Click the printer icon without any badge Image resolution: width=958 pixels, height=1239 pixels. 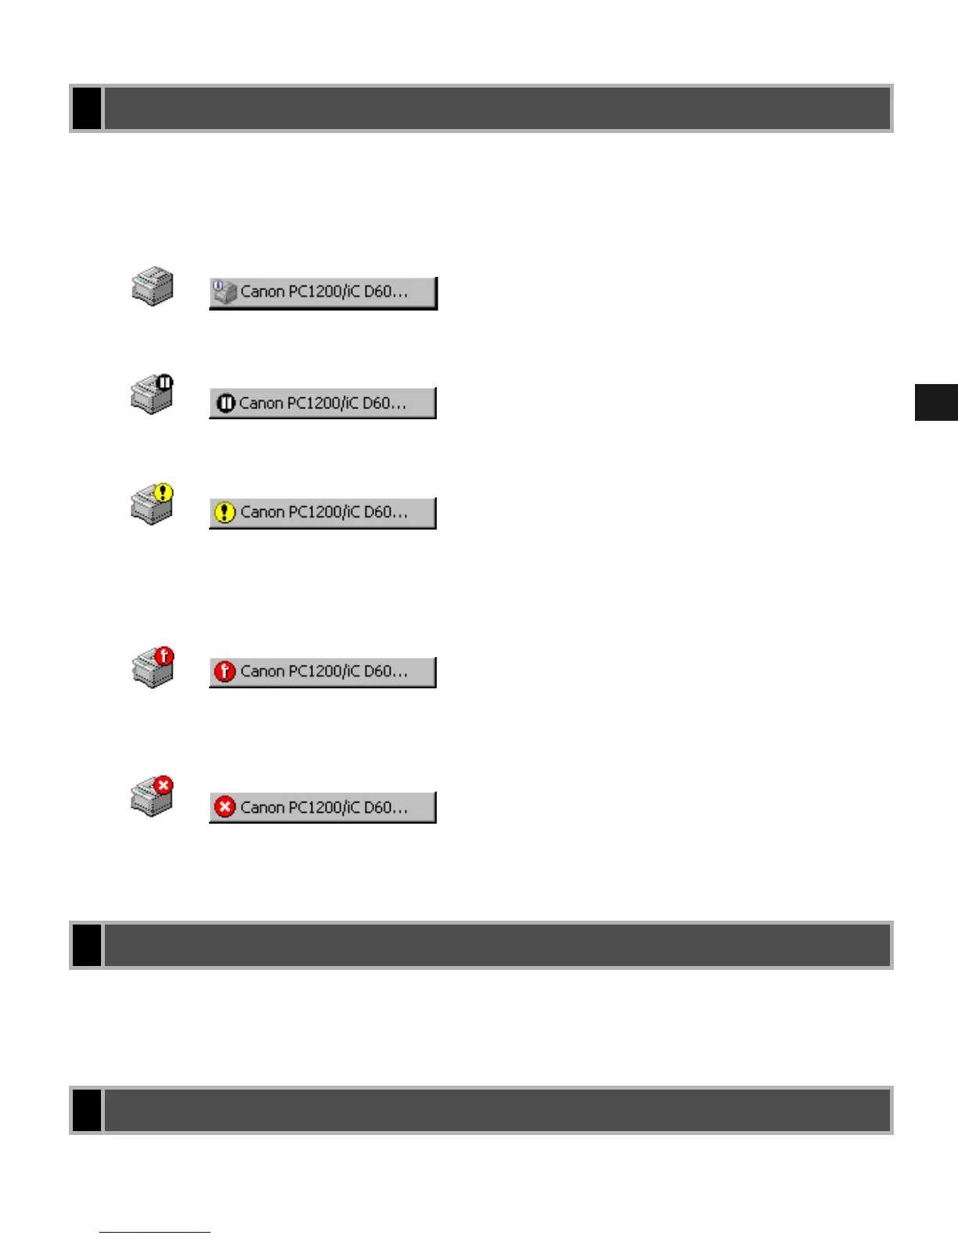[x=152, y=286]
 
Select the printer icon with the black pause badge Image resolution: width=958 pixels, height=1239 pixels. [x=152, y=394]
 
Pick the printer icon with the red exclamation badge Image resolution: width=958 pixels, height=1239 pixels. [x=153, y=668]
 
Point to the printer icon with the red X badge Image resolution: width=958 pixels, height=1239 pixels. [x=152, y=796]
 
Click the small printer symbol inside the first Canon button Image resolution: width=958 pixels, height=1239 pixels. [x=225, y=292]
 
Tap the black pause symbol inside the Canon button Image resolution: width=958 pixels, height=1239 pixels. [x=225, y=404]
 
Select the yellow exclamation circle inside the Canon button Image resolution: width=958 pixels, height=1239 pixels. [x=225, y=512]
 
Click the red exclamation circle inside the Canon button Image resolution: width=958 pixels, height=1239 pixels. [x=225, y=671]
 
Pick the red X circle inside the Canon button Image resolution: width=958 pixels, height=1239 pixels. [x=225, y=806]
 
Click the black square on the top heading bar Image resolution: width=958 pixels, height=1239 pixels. [x=87, y=108]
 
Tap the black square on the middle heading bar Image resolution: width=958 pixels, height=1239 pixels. [x=87, y=945]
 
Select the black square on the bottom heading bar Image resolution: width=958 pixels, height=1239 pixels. [x=87, y=1110]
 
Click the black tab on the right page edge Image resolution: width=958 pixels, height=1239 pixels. [x=936, y=402]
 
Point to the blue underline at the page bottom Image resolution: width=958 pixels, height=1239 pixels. [x=154, y=1232]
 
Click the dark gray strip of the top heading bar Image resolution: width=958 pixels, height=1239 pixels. [x=497, y=108]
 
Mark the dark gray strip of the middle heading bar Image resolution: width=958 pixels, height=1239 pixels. [x=497, y=945]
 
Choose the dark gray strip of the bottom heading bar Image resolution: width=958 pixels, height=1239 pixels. [x=497, y=1110]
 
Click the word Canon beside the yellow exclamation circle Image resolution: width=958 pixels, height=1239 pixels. [x=262, y=512]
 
